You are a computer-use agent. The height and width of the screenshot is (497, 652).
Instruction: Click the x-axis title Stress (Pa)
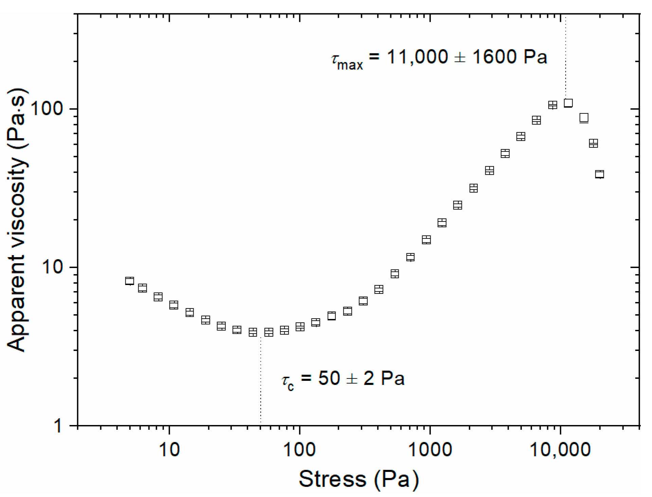tap(359, 479)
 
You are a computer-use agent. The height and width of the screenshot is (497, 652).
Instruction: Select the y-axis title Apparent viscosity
tap(17, 220)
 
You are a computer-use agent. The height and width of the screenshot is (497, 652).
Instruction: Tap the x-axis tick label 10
tap(169, 449)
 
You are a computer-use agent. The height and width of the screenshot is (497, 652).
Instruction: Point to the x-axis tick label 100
tap(299, 449)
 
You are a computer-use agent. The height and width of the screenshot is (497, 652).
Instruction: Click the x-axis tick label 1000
tap(430, 449)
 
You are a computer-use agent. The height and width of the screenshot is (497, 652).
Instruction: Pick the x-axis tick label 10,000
tap(560, 449)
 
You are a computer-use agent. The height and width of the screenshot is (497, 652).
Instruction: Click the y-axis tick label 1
tap(58, 425)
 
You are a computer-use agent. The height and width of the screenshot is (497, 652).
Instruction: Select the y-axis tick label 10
tap(53, 267)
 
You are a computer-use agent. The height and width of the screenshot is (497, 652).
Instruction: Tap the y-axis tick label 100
tap(47, 109)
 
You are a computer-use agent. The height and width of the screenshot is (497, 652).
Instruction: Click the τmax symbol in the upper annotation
tap(347, 60)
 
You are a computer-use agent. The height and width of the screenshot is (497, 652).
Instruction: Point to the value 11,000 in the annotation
tap(417, 57)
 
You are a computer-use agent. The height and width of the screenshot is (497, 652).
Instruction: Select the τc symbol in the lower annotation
tap(288, 381)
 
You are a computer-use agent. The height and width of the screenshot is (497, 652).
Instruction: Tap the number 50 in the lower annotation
tap(329, 378)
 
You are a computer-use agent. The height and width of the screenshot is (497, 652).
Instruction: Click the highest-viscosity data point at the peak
tap(568, 103)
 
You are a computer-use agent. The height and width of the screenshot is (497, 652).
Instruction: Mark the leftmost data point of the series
tap(129, 281)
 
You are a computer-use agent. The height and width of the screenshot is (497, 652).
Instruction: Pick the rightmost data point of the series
tap(600, 174)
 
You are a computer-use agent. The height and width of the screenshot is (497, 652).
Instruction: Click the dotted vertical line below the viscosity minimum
tap(260, 380)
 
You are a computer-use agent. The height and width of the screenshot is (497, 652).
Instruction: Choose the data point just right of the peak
tap(584, 118)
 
